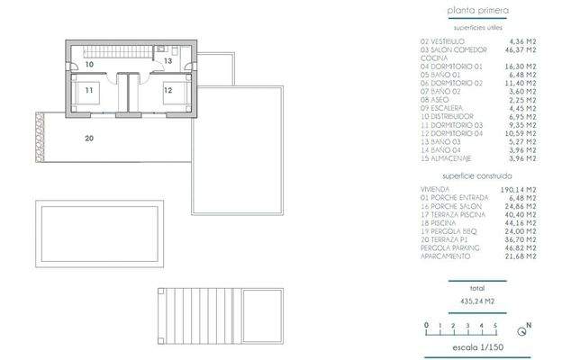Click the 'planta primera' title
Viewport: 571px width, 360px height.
(x=477, y=12)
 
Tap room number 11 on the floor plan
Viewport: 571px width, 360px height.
(x=89, y=90)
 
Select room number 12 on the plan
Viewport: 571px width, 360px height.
(x=168, y=90)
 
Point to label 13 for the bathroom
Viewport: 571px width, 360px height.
(x=168, y=60)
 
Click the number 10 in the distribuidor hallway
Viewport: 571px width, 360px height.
(x=89, y=65)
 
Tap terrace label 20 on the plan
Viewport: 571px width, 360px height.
(x=89, y=139)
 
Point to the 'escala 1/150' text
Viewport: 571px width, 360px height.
(x=477, y=346)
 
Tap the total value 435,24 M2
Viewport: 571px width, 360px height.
(x=477, y=301)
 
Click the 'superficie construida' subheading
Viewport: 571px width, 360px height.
(x=477, y=176)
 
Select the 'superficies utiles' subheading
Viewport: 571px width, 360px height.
(x=477, y=29)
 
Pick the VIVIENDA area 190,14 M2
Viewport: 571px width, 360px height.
(x=515, y=190)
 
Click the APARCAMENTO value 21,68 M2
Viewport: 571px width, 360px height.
(x=517, y=256)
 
